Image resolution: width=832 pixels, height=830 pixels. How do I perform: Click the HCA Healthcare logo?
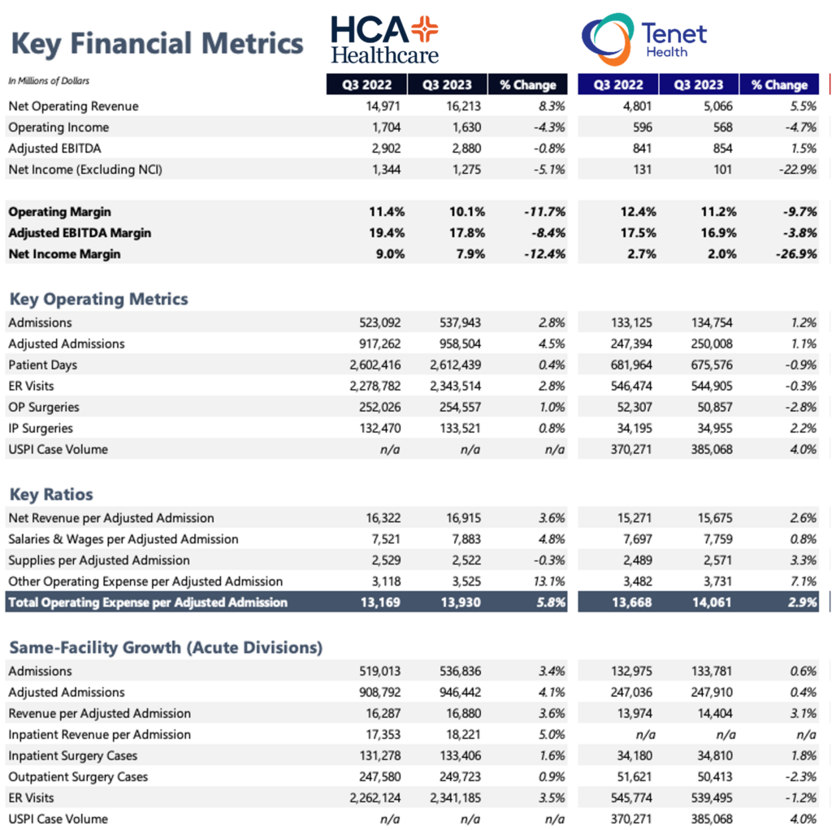pos(384,40)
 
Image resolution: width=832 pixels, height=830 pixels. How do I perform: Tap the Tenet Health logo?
pos(644,39)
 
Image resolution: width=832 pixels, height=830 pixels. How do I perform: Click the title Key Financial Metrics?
pos(157,44)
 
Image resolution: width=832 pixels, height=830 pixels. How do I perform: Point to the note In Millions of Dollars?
pos(49,80)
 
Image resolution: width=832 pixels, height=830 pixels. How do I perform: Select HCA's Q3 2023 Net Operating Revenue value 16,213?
pos(463,106)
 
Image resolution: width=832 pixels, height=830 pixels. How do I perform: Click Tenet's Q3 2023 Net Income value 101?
pos(722,170)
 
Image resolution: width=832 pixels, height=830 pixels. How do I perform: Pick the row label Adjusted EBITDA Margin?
pos(80,233)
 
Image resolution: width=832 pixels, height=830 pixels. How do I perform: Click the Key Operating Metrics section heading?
pos(98,299)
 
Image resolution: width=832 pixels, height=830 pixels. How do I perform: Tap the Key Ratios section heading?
pos(51,495)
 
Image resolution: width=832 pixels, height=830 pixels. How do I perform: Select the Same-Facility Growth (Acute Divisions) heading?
pos(166,647)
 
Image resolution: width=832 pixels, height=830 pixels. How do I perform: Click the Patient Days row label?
pos(42,365)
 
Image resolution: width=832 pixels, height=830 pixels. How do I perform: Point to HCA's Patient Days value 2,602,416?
pos(375,365)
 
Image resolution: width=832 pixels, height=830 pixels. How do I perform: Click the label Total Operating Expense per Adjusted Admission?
pos(148,603)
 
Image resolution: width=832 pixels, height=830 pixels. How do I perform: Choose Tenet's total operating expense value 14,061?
pos(712,603)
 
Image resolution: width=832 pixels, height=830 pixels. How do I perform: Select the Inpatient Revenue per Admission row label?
pos(99,734)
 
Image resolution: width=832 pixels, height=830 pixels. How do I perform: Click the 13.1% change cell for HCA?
pos(549,581)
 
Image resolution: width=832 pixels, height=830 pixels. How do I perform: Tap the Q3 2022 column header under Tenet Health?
pos(618,84)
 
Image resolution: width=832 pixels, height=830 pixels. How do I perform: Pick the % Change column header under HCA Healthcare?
pos(527,84)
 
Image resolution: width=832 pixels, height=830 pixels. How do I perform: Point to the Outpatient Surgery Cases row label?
pos(78,777)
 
